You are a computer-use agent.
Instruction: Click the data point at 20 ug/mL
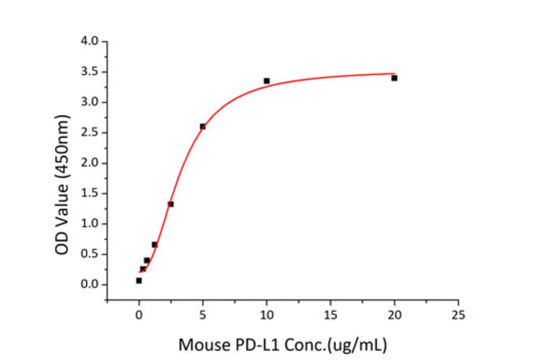[394, 78]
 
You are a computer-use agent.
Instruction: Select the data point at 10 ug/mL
[266, 81]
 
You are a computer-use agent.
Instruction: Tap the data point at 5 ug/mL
[203, 126]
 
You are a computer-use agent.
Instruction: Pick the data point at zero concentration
[139, 280]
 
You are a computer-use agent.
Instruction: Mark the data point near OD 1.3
[171, 204]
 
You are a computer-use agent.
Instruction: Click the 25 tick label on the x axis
[458, 315]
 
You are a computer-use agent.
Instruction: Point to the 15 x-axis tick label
[331, 315]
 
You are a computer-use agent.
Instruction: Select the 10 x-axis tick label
[266, 315]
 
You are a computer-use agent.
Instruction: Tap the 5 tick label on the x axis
[203, 315]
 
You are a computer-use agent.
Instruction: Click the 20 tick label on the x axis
[394, 315]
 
